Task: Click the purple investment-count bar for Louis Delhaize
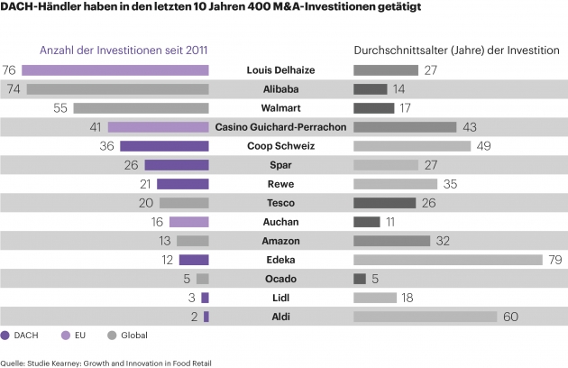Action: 115,70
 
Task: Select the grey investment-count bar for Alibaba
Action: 118,89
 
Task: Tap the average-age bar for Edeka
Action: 448,260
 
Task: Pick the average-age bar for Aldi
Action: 426,317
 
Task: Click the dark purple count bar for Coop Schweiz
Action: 164,146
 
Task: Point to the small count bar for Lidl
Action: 205,298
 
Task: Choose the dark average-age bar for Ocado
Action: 360,279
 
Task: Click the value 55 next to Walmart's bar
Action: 60,108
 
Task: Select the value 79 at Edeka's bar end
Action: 555,260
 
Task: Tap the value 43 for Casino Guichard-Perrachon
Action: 470,127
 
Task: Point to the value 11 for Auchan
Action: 390,222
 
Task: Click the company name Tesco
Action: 280,203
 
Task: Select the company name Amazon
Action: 280,241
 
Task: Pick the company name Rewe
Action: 280,184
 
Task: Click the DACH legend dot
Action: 5,336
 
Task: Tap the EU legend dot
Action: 66,336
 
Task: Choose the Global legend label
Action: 134,336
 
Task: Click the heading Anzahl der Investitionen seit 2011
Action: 124,50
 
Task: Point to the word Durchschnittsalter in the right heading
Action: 401,50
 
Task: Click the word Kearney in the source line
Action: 64,363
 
